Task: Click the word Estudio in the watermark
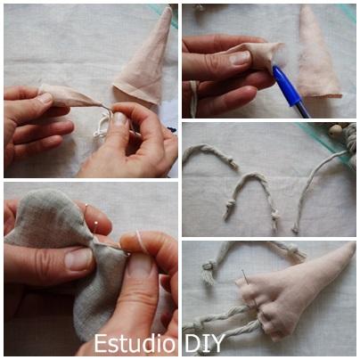[135, 343]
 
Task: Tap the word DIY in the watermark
[205, 344]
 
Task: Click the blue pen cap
[286, 86]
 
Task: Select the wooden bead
[336, 131]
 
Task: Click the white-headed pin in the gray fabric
[95, 223]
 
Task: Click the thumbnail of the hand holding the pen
[240, 57]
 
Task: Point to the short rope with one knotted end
[212, 154]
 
